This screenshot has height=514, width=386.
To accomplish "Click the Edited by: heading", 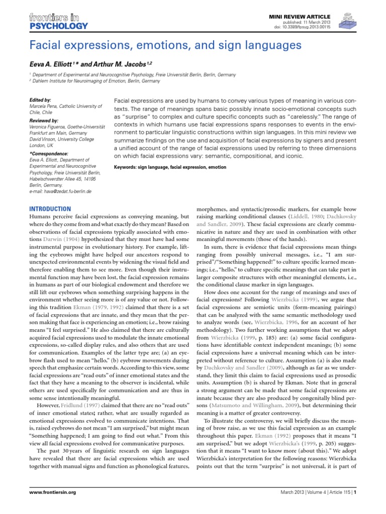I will tap(40, 100).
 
